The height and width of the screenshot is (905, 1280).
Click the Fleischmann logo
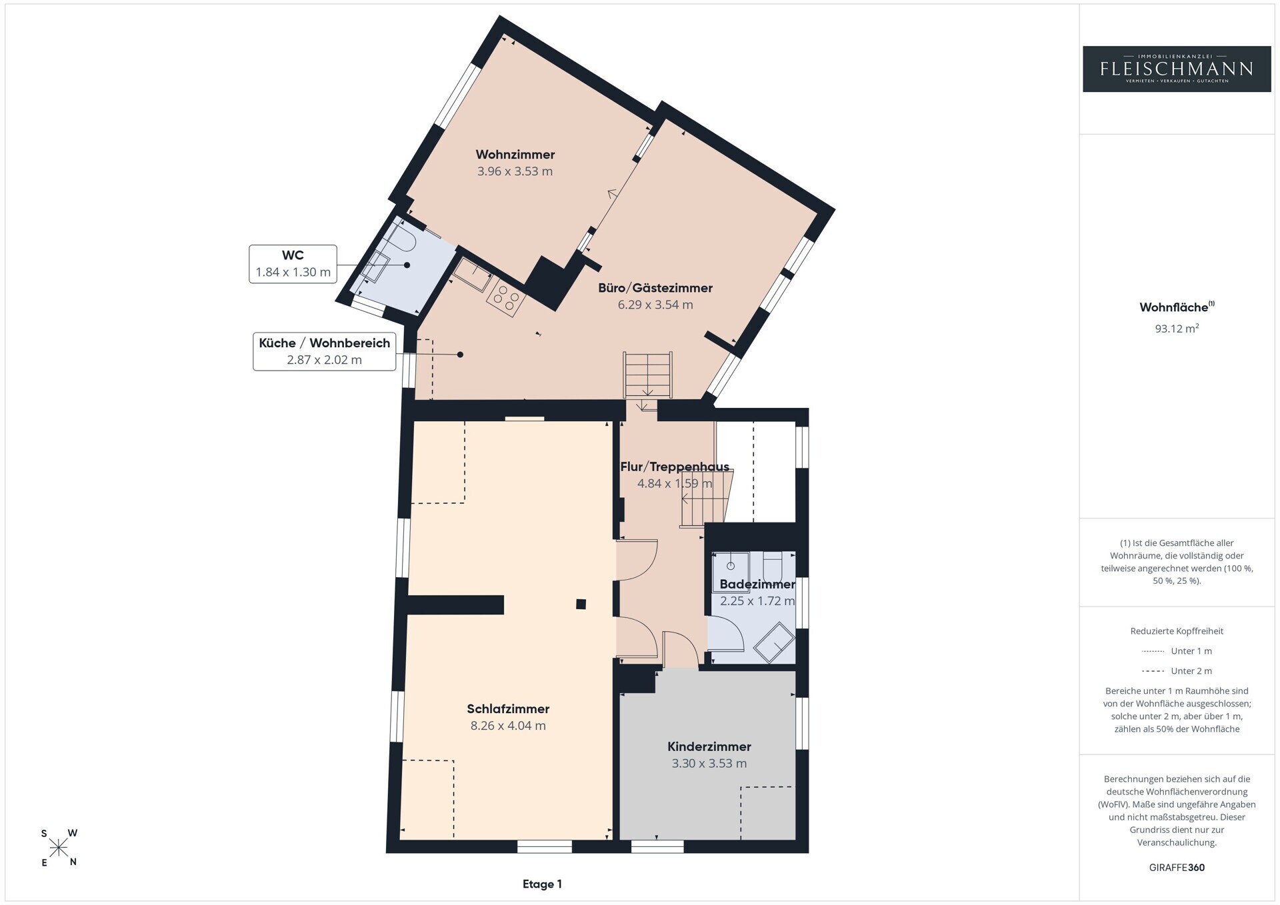pyautogui.click(x=1177, y=69)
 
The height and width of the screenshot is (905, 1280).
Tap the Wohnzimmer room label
pyautogui.click(x=515, y=155)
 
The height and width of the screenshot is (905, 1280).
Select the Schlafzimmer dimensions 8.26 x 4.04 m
pyautogui.click(x=508, y=726)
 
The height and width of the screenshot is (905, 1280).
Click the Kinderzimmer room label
pyautogui.click(x=709, y=747)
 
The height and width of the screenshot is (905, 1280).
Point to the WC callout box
pyautogui.click(x=293, y=264)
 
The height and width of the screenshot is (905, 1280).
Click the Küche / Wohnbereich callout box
pyautogui.click(x=324, y=351)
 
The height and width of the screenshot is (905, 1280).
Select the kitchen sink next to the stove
pyautogui.click(x=473, y=275)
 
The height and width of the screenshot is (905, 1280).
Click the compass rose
pyautogui.click(x=59, y=848)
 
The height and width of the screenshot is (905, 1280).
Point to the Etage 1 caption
pyautogui.click(x=542, y=884)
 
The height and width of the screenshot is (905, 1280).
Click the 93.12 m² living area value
pyautogui.click(x=1177, y=328)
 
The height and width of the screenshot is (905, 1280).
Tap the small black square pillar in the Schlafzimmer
pyautogui.click(x=581, y=604)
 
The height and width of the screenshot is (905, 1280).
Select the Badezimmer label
pyautogui.click(x=757, y=584)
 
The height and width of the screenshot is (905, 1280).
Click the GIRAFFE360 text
pyautogui.click(x=1177, y=868)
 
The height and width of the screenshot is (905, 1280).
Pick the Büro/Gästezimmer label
pyautogui.click(x=655, y=288)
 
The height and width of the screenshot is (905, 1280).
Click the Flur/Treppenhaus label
pyautogui.click(x=675, y=466)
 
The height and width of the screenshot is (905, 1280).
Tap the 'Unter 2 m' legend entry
pyautogui.click(x=1177, y=671)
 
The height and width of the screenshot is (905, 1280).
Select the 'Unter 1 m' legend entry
pyautogui.click(x=1177, y=651)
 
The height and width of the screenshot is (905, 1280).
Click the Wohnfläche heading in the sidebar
pyautogui.click(x=1177, y=307)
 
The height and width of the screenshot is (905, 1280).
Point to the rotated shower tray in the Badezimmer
pyautogui.click(x=774, y=642)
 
